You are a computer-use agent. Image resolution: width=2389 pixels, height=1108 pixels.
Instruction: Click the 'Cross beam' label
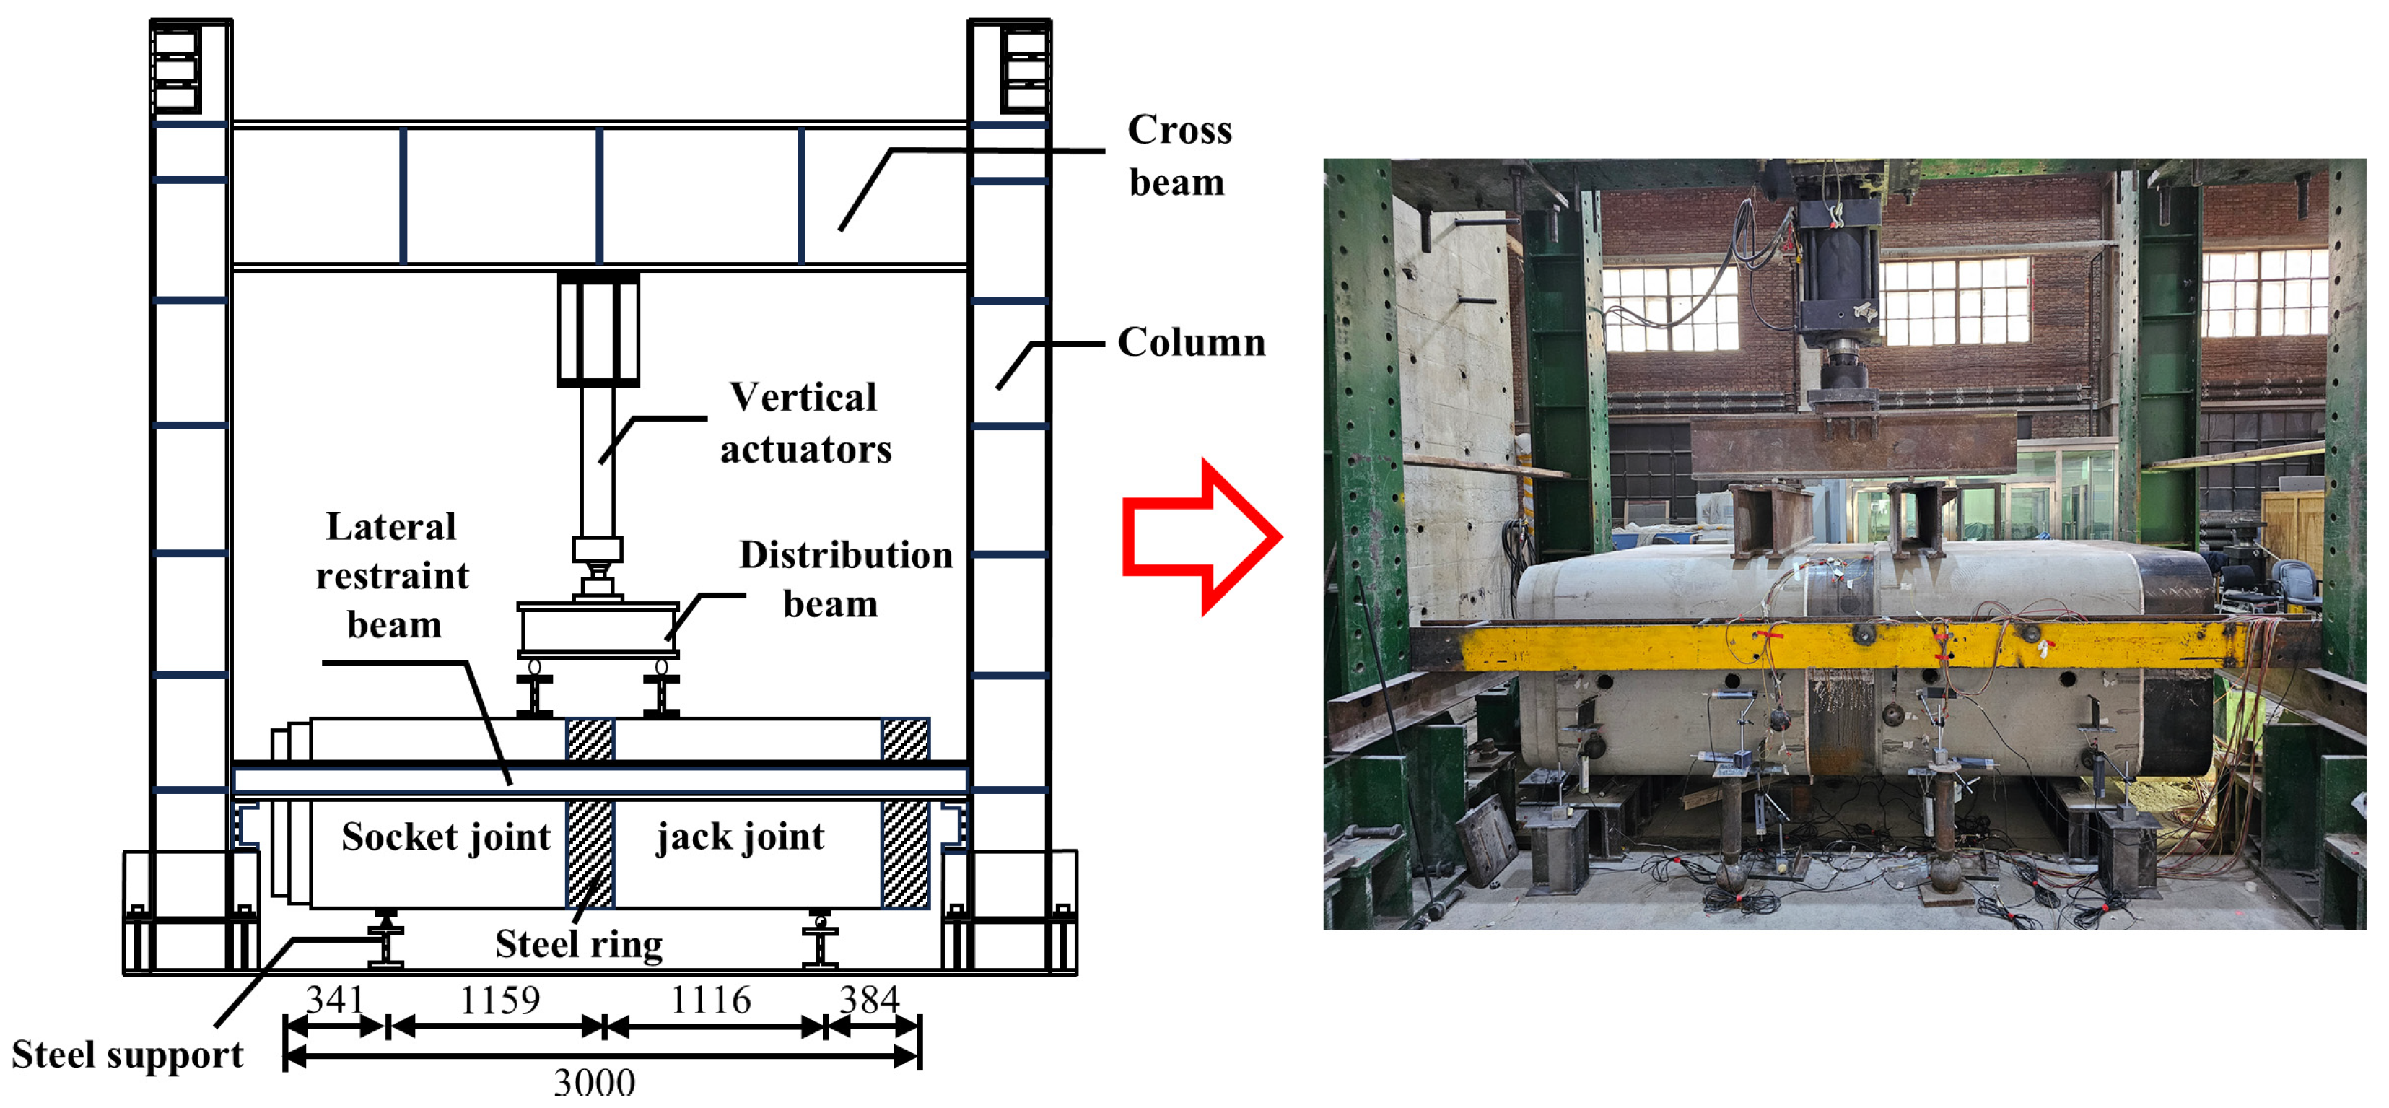pyautogui.click(x=1179, y=156)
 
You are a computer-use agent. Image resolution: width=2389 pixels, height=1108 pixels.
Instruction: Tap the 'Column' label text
pyautogui.click(x=1191, y=343)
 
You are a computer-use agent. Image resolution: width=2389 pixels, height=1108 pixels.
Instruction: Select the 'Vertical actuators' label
pyautogui.click(x=805, y=423)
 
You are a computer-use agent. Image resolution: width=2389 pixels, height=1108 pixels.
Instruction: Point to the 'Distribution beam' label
pyautogui.click(x=845, y=579)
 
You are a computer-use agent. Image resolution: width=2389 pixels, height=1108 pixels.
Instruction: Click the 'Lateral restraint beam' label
pyautogui.click(x=393, y=576)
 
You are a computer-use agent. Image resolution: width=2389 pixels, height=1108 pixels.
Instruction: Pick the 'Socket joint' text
pyautogui.click(x=446, y=837)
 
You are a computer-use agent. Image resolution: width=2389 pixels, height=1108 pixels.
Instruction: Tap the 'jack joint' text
pyautogui.click(x=740, y=837)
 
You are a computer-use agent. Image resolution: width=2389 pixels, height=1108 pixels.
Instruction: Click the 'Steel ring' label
pyautogui.click(x=579, y=945)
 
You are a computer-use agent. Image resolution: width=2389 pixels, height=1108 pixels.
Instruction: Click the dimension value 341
pyautogui.click(x=335, y=1000)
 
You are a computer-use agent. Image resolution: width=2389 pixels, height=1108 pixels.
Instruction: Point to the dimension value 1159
pyautogui.click(x=500, y=1000)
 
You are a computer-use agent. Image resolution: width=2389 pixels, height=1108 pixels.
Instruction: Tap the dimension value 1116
pyautogui.click(x=710, y=1000)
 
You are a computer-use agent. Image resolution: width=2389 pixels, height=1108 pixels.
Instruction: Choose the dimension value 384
pyautogui.click(x=869, y=1000)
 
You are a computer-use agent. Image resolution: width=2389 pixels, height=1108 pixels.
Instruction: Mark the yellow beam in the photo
pyautogui.click(x=1846, y=645)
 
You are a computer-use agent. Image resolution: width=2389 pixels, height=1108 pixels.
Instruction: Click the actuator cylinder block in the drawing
pyautogui.click(x=598, y=328)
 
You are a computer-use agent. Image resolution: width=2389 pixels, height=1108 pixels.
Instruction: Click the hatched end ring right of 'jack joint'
pyautogui.click(x=905, y=854)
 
